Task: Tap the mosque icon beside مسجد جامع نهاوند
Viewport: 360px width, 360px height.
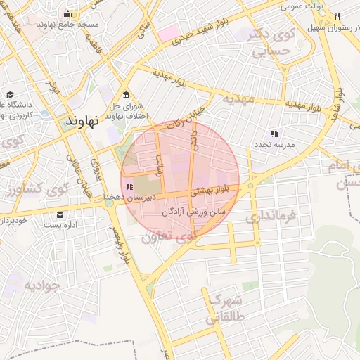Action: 67,13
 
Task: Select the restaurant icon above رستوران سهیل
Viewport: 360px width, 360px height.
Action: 337,17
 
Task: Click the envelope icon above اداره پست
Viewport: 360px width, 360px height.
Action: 60,214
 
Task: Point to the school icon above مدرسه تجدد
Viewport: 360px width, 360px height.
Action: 274,133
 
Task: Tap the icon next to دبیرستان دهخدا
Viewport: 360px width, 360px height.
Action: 128,186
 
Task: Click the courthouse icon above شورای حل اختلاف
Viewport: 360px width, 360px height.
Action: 125,96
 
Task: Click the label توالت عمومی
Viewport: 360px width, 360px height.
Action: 302,6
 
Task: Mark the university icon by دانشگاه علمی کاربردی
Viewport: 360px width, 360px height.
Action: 10,95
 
